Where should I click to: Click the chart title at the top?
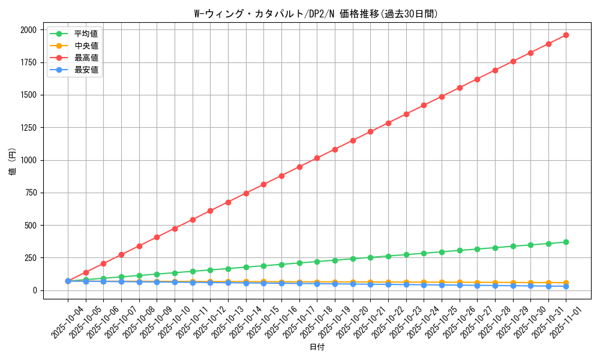pos(316,14)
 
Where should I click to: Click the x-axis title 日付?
pos(316,347)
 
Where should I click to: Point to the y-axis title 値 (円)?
pos(12,162)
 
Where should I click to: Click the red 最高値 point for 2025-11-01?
pos(566,35)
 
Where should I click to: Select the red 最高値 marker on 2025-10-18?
pos(317,158)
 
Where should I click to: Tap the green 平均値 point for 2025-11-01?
pos(566,242)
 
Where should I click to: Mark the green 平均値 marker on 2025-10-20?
pos(353,259)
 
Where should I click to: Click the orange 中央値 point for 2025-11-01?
pos(566,283)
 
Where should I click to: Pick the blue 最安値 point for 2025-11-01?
pos(566,286)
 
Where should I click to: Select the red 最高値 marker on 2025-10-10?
pos(175,229)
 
